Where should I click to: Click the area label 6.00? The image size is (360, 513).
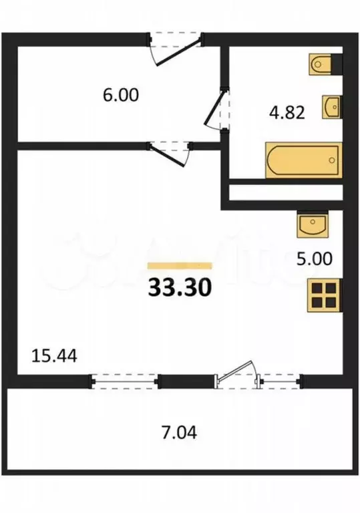click(121, 96)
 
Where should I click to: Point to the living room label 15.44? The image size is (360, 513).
click(54, 355)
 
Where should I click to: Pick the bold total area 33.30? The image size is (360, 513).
click(179, 287)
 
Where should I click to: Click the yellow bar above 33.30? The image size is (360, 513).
click(179, 265)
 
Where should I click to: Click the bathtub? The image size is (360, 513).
click(303, 160)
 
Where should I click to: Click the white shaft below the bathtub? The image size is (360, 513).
click(285, 193)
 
